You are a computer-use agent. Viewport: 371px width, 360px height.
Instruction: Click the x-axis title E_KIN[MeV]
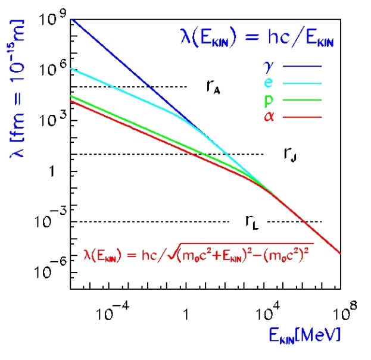(x=304, y=336)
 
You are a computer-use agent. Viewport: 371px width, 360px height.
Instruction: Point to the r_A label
(x=213, y=87)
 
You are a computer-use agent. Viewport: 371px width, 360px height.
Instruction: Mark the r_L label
(x=251, y=222)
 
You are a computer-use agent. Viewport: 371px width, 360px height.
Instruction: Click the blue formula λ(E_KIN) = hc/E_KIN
(x=257, y=40)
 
